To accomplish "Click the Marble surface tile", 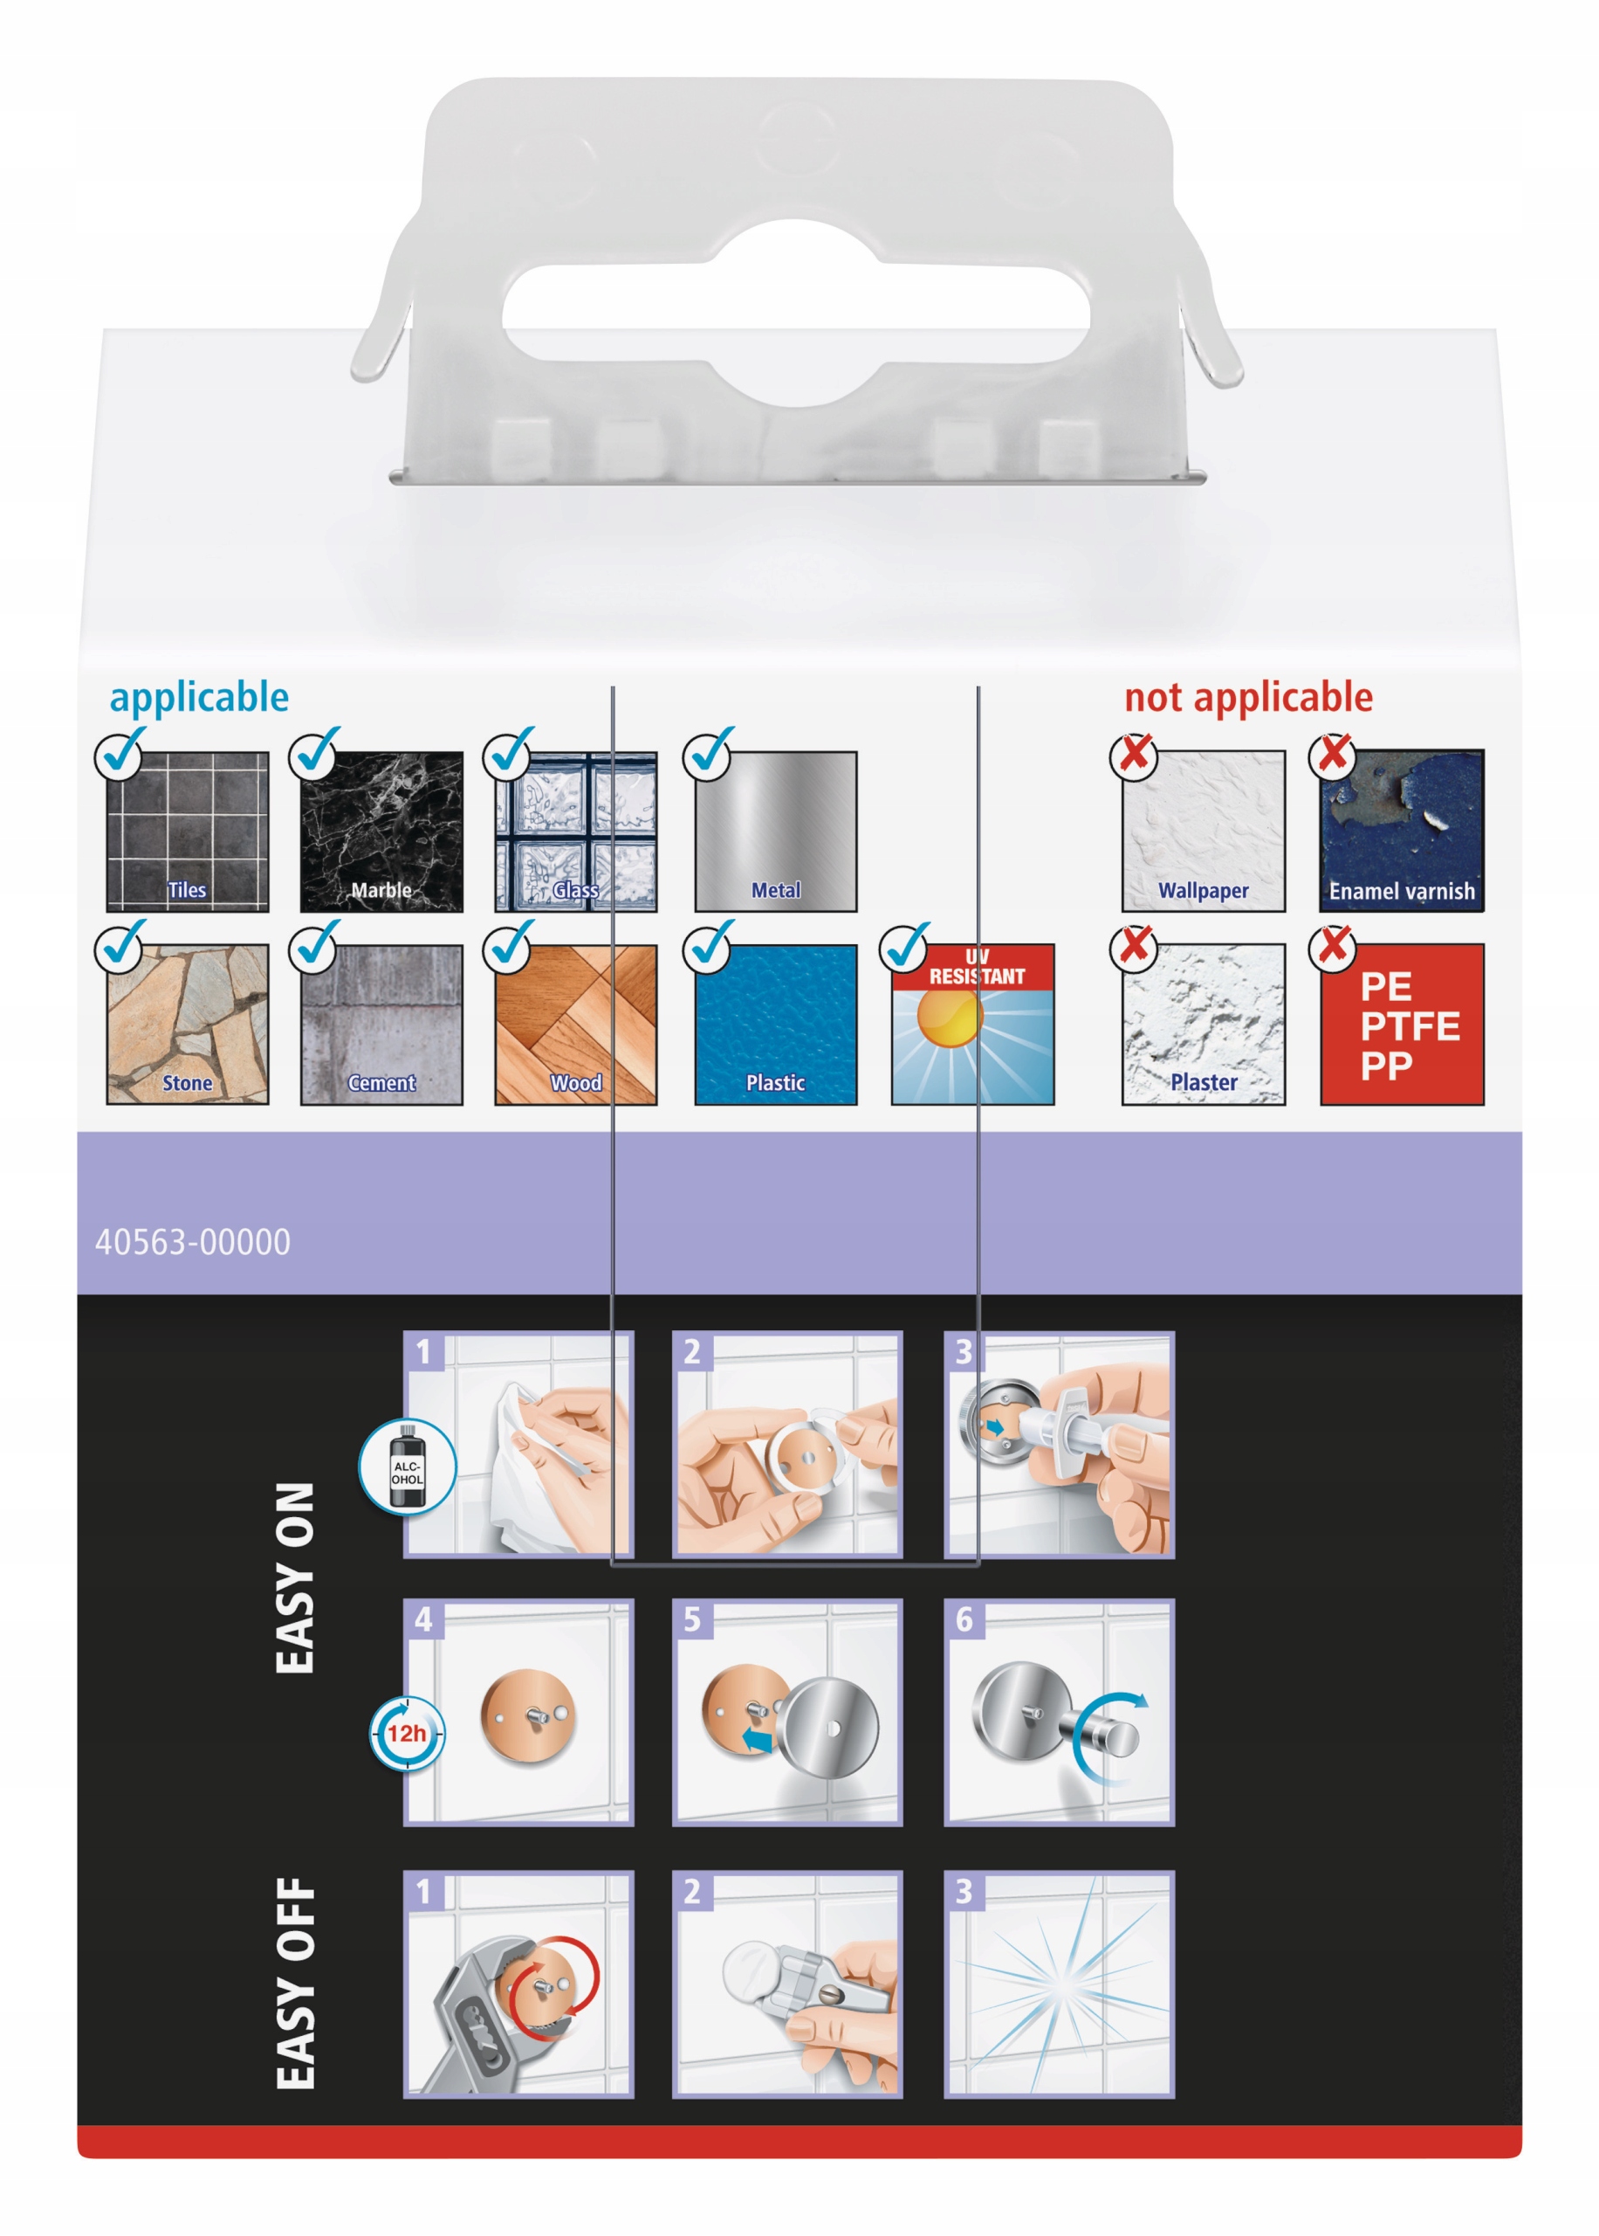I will tap(381, 830).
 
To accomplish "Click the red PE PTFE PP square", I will tap(1401, 1025).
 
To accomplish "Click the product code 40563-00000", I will tap(193, 1242).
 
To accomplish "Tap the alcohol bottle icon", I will tap(407, 1468).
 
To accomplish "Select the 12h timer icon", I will tap(407, 1733).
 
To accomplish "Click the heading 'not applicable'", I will tap(1247, 697).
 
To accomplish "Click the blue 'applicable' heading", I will tap(199, 697).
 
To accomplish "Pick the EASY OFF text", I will tap(295, 1982).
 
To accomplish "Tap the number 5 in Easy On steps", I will tap(692, 1619).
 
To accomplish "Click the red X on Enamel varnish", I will tap(1332, 756).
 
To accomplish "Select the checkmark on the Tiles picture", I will tap(120, 754).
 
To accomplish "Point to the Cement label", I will tap(381, 1082).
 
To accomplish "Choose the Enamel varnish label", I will tap(1401, 892).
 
